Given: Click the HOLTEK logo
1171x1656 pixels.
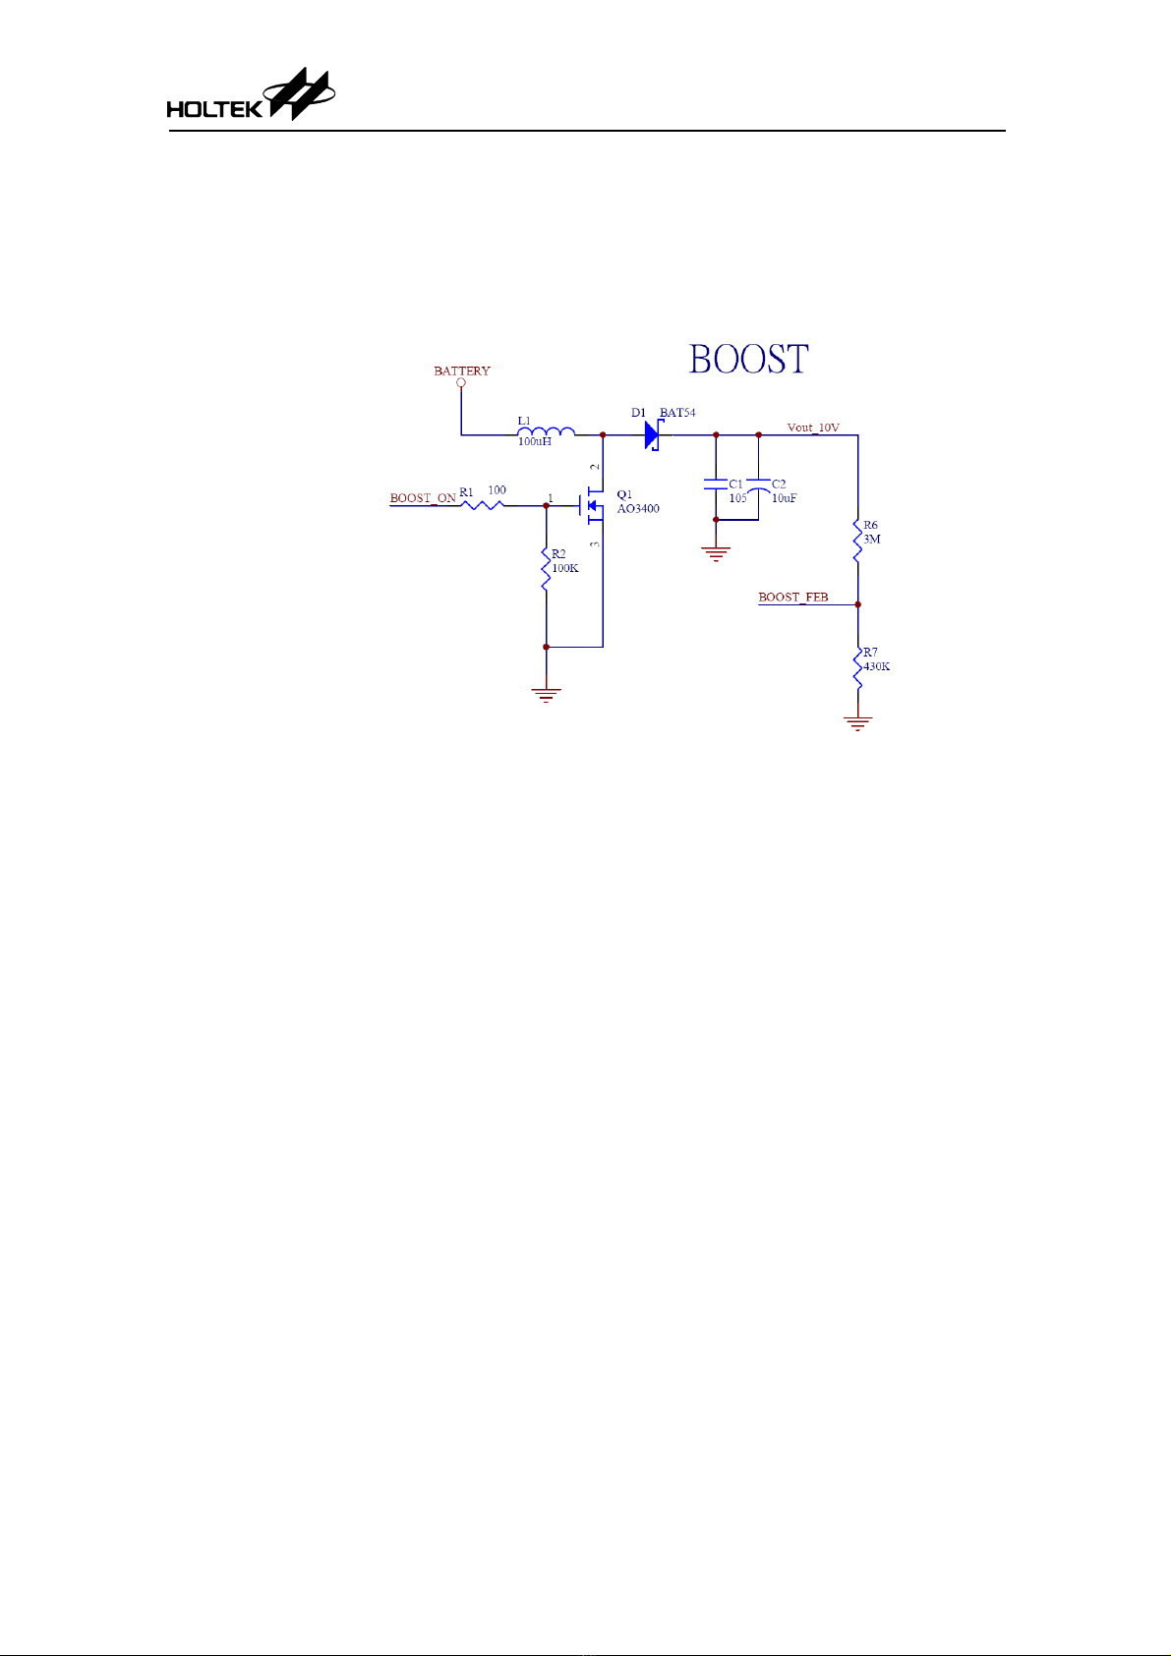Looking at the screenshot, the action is point(251,94).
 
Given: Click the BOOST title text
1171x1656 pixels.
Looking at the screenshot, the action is point(748,359).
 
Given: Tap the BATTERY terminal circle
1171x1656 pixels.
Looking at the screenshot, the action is point(461,382).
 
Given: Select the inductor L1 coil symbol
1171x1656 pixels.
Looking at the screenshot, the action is point(546,431).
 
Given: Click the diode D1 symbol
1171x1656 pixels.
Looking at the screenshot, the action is point(653,434).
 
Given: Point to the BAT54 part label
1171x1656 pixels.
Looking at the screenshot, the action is point(677,413).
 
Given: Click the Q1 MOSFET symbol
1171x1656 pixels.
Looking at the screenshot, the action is point(592,506).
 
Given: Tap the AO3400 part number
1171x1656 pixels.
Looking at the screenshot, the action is point(638,509).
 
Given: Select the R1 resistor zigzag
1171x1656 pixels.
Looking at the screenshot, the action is point(483,505).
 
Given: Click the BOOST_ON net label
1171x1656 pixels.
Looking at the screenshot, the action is point(423,498).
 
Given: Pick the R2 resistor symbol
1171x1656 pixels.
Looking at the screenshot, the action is point(546,570).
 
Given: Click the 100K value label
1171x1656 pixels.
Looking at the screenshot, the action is point(565,568).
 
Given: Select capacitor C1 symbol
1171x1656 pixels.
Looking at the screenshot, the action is point(716,485).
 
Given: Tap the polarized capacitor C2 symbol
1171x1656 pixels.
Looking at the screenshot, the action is point(758,485).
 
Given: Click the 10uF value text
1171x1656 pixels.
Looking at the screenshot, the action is point(785,498).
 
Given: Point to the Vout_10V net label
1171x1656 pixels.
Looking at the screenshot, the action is point(813,428).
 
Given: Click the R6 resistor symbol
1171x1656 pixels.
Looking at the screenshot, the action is point(857,541).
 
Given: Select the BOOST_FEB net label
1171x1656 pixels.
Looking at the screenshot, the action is point(793,598).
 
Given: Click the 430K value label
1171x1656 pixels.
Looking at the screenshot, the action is point(877,667).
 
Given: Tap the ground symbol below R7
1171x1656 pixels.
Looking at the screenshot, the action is point(857,723).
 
